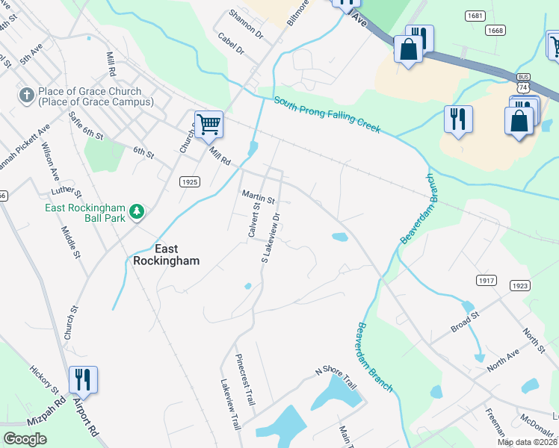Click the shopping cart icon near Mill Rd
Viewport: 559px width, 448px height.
[209, 124]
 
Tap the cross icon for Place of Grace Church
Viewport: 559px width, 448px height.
[26, 96]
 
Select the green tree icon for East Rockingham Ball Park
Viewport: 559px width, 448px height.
[137, 212]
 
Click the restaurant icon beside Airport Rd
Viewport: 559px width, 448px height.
[83, 379]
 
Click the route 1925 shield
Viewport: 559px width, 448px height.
[190, 181]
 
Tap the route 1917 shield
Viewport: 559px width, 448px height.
[486, 279]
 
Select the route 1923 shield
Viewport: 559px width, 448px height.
[521, 286]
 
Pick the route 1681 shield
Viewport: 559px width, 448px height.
[475, 16]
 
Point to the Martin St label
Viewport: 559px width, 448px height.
[259, 197]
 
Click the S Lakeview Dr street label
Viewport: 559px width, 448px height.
[271, 237]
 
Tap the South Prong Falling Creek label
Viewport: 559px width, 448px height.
[327, 116]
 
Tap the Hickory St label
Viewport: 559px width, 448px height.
[44, 379]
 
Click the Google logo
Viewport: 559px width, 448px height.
[25, 439]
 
